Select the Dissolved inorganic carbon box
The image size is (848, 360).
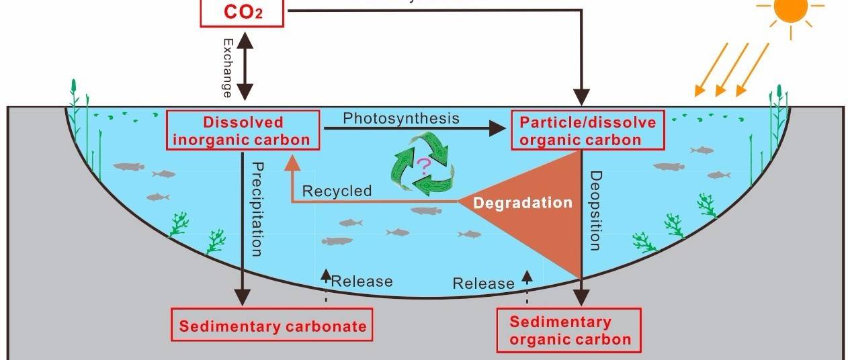(x=243, y=131)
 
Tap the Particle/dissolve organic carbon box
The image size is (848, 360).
(x=588, y=131)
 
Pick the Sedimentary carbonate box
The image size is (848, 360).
(x=272, y=326)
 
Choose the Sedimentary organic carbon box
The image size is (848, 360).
(x=570, y=330)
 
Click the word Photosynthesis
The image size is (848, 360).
(x=401, y=118)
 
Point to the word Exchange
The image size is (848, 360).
(x=227, y=67)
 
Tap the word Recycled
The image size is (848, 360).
(x=337, y=191)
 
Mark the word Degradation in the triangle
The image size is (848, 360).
(x=523, y=202)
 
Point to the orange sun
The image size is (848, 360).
(x=790, y=8)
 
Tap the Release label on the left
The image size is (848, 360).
(x=362, y=281)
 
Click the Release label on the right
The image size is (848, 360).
(x=483, y=283)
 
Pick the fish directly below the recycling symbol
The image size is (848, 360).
(x=427, y=211)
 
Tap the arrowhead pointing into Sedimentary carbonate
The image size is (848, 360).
(x=243, y=298)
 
